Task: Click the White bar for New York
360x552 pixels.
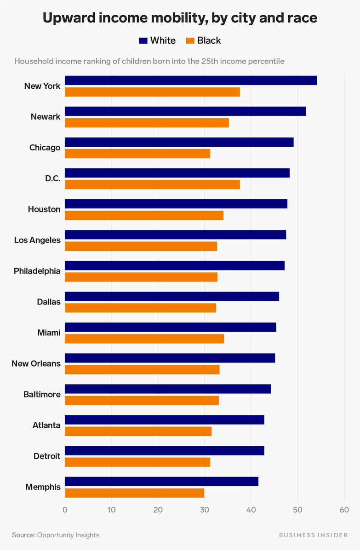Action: point(190,80)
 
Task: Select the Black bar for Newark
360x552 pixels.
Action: point(147,123)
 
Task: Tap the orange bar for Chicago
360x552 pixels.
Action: point(137,154)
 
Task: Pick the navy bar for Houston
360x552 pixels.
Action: point(176,204)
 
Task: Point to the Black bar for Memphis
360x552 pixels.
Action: point(134,493)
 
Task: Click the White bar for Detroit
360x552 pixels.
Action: point(164,450)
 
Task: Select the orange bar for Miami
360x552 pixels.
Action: point(144,339)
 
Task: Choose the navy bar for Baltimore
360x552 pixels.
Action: point(168,389)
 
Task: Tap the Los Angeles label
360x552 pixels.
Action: point(37,240)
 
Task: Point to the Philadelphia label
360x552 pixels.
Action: point(37,271)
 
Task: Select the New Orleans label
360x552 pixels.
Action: point(36,363)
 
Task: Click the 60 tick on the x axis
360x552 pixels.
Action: point(344,510)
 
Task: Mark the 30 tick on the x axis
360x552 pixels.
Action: point(204,510)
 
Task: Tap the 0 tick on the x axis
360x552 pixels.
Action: point(65,510)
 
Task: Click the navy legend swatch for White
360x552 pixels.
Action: point(143,41)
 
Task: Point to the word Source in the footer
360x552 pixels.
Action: point(23,535)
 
